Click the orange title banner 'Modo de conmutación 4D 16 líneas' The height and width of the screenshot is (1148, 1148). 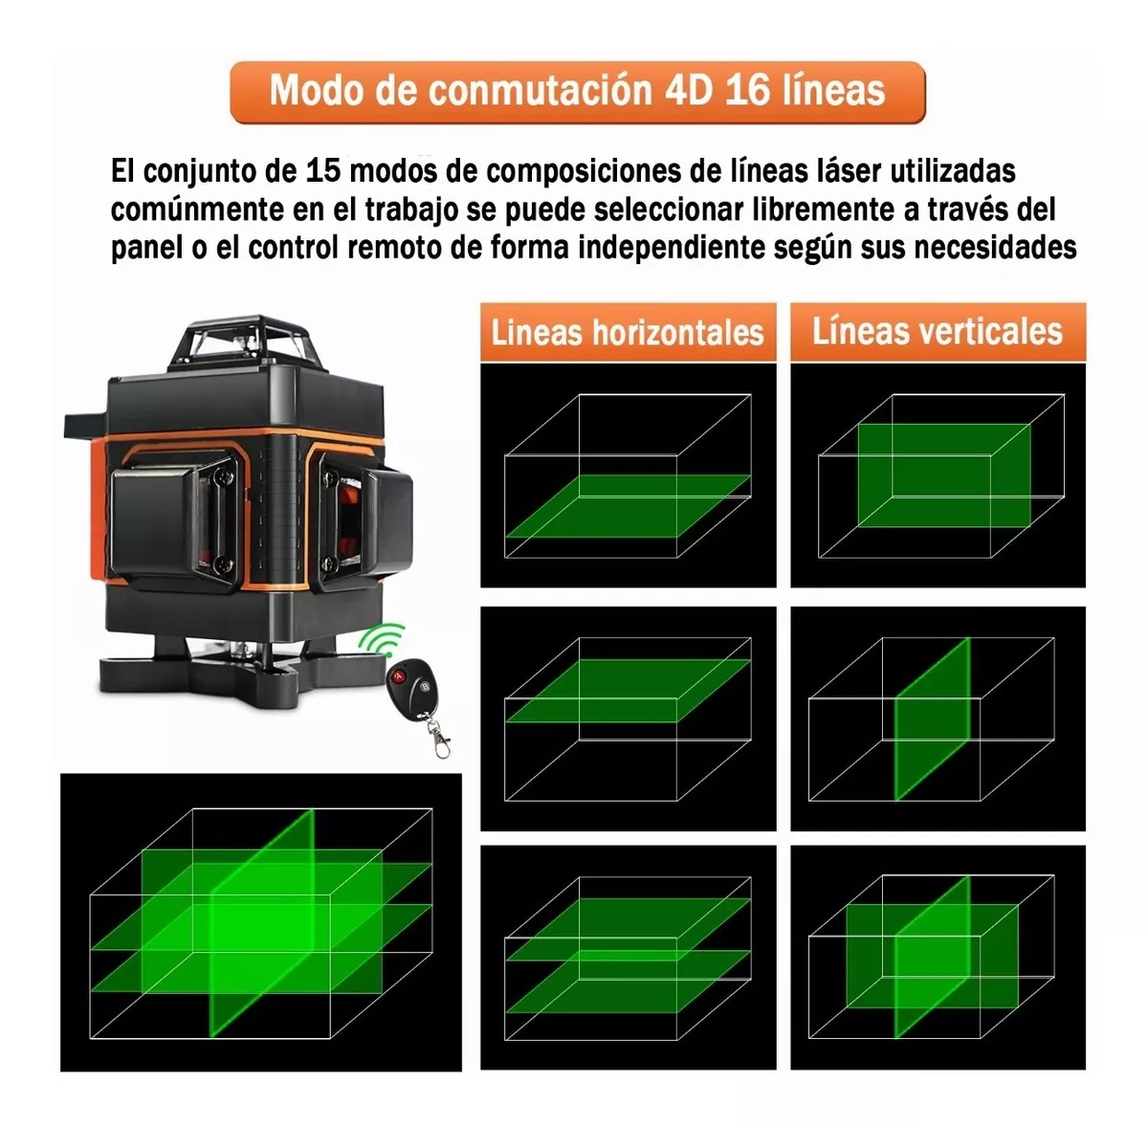[x=578, y=92]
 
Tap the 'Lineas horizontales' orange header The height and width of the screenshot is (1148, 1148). [x=628, y=332]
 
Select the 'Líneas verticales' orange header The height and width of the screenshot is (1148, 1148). [x=938, y=331]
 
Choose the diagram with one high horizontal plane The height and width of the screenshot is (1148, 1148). [x=628, y=717]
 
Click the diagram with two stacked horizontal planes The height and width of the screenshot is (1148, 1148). [x=628, y=957]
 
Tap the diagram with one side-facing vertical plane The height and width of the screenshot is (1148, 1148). [x=938, y=717]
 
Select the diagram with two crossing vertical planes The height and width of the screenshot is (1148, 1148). [x=938, y=957]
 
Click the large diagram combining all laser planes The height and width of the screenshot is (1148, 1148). [x=260, y=922]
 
